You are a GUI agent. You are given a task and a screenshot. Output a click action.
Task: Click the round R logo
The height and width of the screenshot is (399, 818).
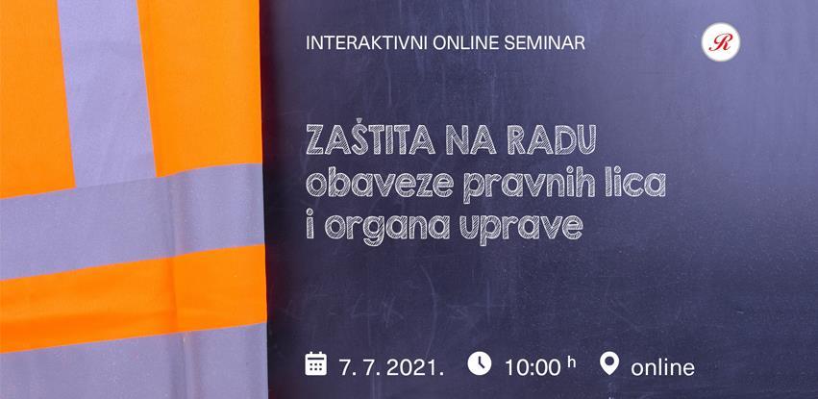[721, 41]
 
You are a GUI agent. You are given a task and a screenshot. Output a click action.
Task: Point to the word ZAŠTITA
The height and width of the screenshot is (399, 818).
[370, 138]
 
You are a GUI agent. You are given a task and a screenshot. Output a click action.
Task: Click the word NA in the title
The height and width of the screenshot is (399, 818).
[473, 140]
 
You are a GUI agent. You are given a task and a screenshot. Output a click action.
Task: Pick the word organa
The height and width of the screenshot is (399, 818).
[385, 229]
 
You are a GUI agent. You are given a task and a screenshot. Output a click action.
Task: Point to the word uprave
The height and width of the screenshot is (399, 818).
[520, 229]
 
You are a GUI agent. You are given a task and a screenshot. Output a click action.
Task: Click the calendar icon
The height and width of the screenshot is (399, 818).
[316, 363]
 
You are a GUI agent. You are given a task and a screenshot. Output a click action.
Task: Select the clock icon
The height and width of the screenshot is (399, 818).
[480, 363]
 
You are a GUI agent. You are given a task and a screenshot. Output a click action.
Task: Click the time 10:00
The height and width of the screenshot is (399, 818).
[533, 367]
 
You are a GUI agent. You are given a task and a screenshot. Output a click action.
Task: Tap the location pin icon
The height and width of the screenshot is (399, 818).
[609, 363]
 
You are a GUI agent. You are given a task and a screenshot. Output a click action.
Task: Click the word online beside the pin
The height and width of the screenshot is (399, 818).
[662, 367]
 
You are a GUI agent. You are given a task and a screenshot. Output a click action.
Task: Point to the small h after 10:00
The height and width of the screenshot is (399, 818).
[572, 362]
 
